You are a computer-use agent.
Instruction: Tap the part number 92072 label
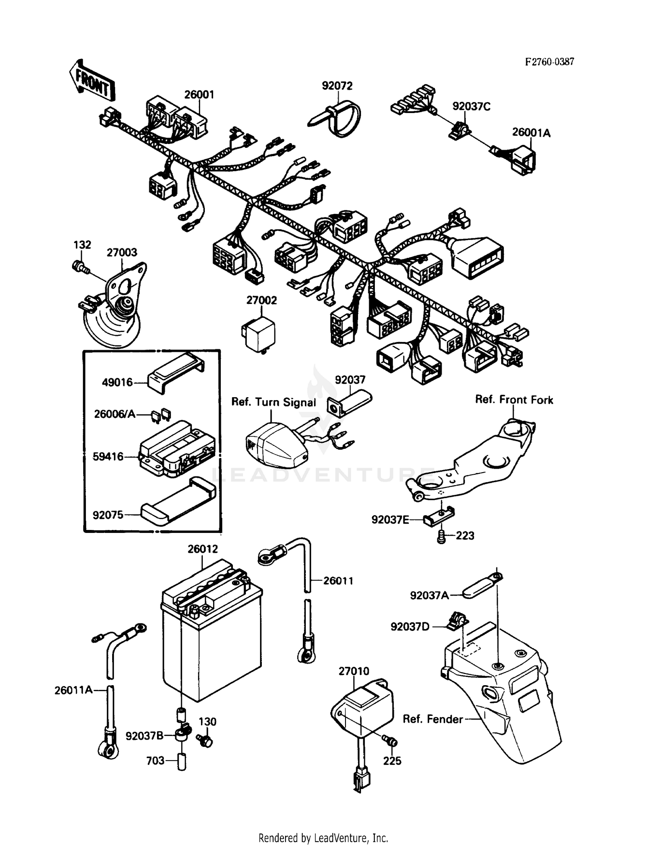point(337,86)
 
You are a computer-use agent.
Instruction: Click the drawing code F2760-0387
point(549,62)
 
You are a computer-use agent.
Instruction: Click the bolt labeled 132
point(80,267)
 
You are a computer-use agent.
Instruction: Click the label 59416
point(108,456)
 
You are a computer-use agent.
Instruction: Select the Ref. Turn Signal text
point(273,402)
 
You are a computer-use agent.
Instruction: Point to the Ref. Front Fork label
point(514,400)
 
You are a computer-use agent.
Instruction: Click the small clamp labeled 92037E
point(438,517)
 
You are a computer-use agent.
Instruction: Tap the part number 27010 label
point(354,671)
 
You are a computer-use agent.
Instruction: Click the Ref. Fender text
point(433,719)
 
